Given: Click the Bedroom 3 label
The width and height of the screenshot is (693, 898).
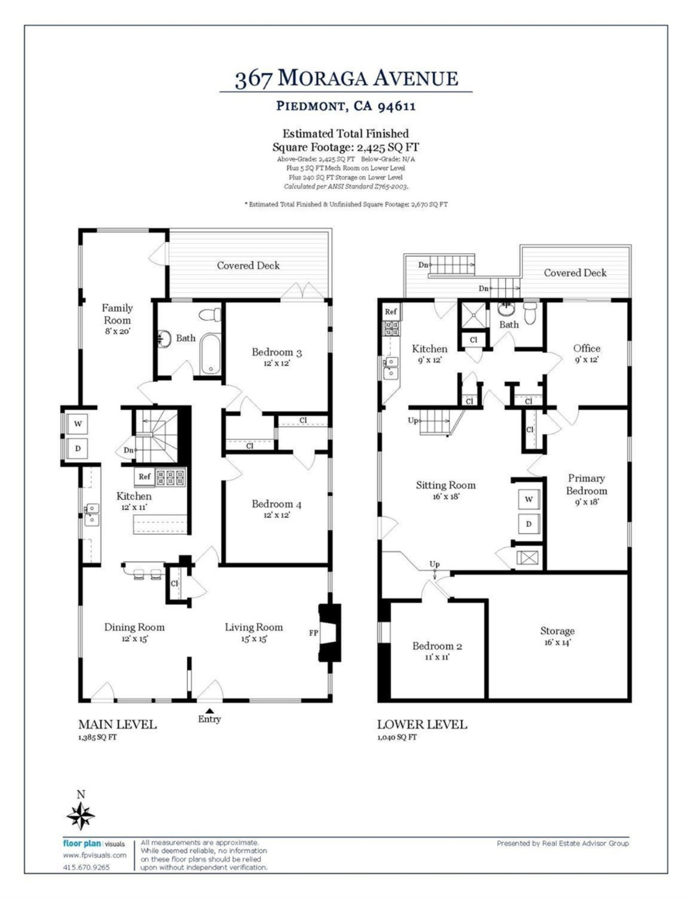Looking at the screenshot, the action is pos(277,352).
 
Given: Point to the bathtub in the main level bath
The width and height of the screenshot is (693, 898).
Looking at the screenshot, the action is pos(211,354).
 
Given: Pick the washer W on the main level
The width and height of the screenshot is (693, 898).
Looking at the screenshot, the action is pos(78,424).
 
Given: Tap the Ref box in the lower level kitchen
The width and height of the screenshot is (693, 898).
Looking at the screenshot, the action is pos(391,311).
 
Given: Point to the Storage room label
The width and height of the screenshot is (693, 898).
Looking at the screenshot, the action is pos(557,631).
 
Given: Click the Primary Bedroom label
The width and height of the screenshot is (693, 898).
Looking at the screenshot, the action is pos(586,484).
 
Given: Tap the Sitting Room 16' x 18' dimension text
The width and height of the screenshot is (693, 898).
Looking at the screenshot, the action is pos(446,496).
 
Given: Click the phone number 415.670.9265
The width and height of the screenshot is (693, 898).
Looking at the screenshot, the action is pos(86,867).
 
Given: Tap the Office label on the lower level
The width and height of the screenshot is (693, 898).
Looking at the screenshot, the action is pos(587,348).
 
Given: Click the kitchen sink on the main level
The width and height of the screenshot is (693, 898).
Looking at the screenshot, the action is pos(92,514).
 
